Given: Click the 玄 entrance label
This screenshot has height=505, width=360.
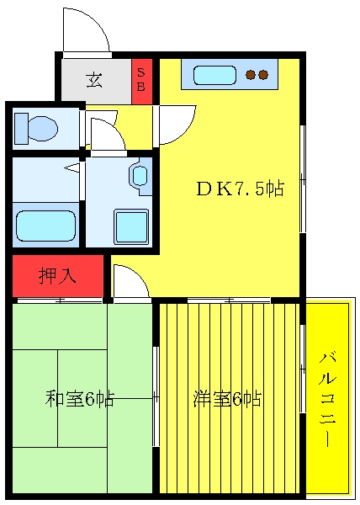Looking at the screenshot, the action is (x=94, y=81).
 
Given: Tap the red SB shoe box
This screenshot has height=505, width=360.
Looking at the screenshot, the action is (x=141, y=82).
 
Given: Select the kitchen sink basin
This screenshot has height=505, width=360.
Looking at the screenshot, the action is (x=214, y=76).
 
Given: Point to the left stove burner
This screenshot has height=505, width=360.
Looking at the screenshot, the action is (x=251, y=75).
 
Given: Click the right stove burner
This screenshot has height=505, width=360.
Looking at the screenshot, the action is (x=263, y=75).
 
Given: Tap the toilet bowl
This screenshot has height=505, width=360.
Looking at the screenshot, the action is (x=43, y=129).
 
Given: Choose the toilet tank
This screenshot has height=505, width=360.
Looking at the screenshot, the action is (x=22, y=128).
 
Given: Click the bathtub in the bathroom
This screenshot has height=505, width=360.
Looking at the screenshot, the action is (x=45, y=226).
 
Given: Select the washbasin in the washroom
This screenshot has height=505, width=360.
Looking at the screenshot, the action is (x=140, y=176).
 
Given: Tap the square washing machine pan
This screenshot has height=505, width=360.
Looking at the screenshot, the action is (x=131, y=226).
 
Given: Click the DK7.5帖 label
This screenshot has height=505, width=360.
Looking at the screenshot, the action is (x=240, y=189).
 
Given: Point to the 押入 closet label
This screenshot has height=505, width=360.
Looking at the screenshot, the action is (x=57, y=276).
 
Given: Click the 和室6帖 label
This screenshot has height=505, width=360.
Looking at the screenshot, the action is (x=80, y=399).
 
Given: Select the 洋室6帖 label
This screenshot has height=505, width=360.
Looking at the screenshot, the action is (x=227, y=399).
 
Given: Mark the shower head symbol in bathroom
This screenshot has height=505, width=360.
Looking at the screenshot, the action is (x=72, y=168).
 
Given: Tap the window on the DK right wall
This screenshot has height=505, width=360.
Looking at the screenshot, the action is (x=303, y=178).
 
